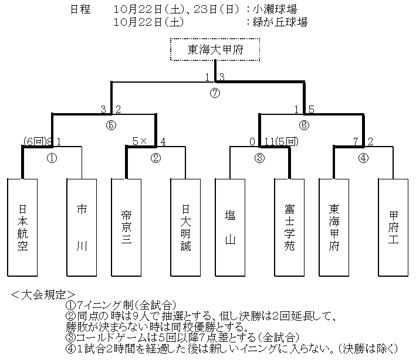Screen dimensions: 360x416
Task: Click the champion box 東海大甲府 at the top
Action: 215,50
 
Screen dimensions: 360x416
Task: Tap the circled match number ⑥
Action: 304,125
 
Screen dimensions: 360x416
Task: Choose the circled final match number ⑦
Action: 215,93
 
